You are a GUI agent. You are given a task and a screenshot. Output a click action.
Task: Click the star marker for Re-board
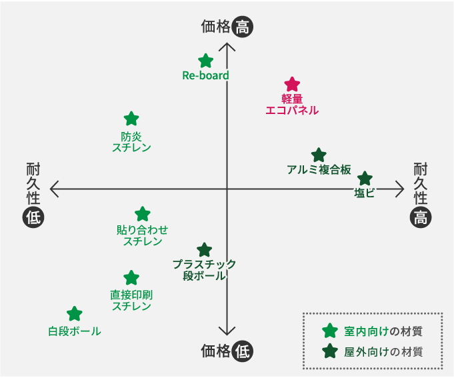[x=206, y=61]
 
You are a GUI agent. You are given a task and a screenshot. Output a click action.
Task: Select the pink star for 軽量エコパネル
[x=292, y=84]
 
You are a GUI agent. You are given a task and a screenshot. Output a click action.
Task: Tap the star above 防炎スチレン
[x=131, y=119]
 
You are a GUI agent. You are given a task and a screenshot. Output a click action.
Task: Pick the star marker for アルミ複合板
[x=319, y=155]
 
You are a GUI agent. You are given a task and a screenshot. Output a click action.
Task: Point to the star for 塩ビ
[x=364, y=179]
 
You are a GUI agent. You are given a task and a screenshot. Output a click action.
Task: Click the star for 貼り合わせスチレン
[x=143, y=214]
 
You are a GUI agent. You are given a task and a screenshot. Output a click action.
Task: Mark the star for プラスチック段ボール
[x=205, y=250]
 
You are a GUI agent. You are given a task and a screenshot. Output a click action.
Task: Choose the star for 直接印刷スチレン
[x=131, y=277]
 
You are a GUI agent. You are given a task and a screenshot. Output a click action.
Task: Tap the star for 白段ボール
[x=75, y=313]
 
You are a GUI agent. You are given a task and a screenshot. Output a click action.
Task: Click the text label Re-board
[x=205, y=75]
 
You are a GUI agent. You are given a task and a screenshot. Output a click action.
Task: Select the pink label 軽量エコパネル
[x=292, y=105]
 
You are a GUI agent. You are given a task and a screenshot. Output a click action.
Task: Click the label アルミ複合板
[x=319, y=169]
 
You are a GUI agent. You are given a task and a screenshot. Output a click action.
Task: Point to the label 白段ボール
[x=75, y=331]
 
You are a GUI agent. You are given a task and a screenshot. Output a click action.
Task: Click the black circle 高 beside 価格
[x=244, y=27]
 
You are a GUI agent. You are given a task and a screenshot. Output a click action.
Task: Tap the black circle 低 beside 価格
[x=244, y=351]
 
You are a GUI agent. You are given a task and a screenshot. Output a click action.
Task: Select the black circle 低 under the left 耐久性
[x=33, y=217]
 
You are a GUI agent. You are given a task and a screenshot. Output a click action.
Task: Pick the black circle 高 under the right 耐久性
[x=421, y=217]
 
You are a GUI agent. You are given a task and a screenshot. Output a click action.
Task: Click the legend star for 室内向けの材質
[x=329, y=331]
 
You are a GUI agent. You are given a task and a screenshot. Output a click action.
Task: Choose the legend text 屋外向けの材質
[x=383, y=351]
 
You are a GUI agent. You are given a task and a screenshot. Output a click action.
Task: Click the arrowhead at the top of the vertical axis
[x=227, y=47]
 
